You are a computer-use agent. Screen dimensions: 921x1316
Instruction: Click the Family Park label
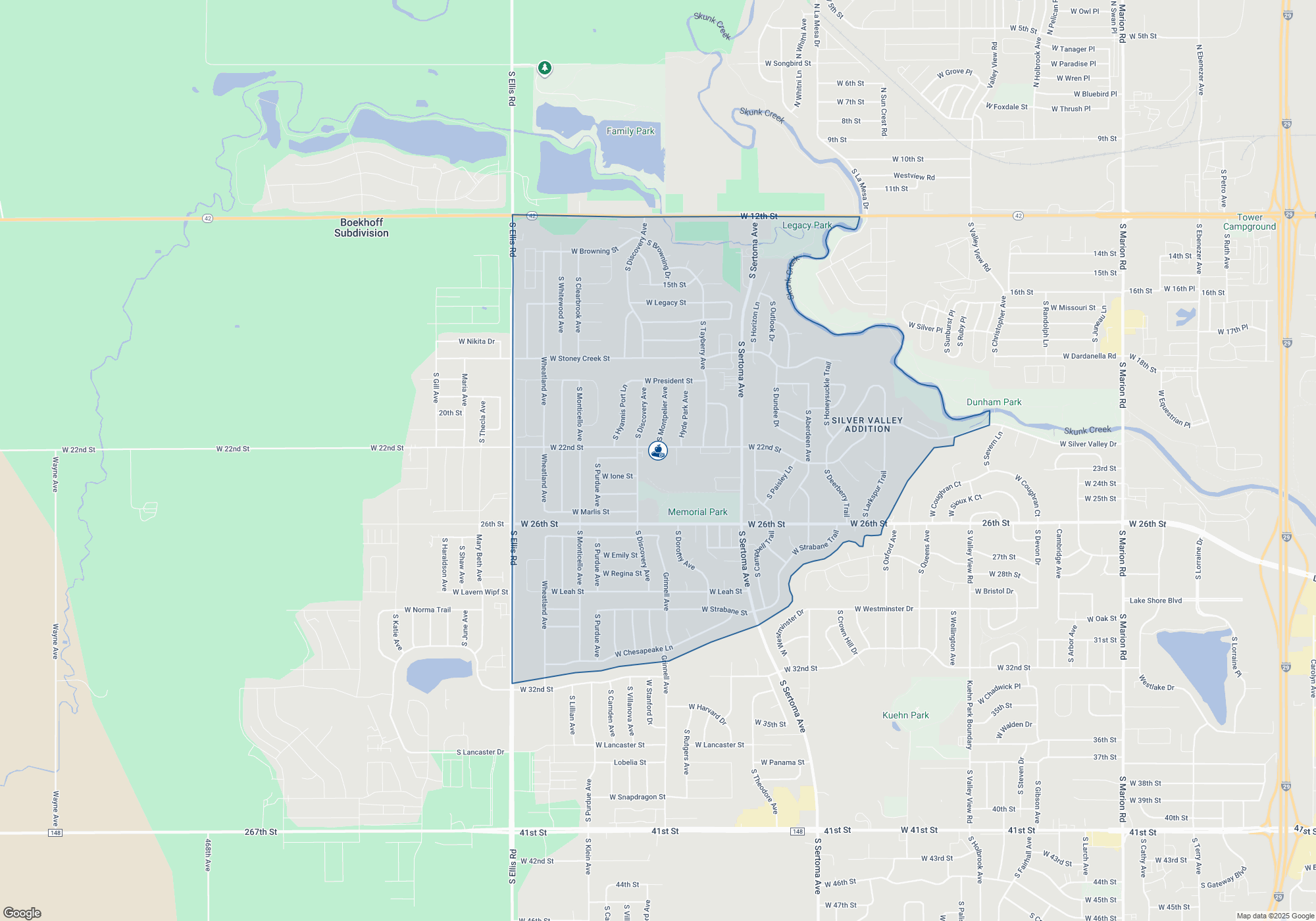(x=630, y=131)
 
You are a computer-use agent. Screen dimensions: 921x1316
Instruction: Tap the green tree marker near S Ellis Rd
(x=544, y=68)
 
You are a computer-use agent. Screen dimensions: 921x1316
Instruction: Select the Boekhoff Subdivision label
(x=361, y=228)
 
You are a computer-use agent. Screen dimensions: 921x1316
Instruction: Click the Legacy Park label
(x=807, y=226)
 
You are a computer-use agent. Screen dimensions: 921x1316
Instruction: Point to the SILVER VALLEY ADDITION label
(x=867, y=424)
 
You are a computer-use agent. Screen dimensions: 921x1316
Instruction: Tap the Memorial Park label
(x=697, y=512)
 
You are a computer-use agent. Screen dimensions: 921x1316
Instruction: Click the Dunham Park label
(x=994, y=402)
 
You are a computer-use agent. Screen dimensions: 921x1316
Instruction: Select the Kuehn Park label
(x=905, y=715)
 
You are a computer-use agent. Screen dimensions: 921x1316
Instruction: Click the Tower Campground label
(x=1249, y=222)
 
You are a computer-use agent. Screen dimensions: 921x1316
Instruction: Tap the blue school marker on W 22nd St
(x=658, y=451)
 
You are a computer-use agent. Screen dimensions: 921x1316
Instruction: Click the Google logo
(x=22, y=912)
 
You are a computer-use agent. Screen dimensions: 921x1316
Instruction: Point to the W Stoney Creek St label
(x=580, y=359)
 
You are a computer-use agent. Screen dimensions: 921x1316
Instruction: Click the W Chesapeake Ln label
(x=644, y=651)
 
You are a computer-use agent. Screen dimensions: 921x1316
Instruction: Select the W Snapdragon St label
(x=637, y=797)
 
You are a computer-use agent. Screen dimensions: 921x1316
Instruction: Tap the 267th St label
(x=261, y=832)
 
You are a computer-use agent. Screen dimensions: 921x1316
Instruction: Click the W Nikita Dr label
(x=476, y=341)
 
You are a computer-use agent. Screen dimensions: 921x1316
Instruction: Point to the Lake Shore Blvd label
(x=1155, y=601)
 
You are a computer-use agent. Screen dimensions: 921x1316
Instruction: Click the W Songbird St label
(x=788, y=64)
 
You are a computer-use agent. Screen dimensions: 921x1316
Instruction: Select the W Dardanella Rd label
(x=1089, y=356)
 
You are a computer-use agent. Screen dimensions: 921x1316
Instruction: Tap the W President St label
(x=669, y=381)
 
